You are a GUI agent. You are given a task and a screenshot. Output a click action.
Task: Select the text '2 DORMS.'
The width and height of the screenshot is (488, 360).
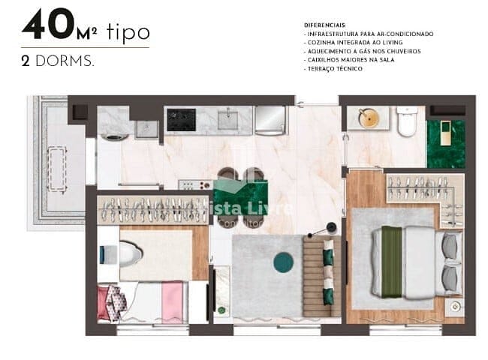tap(58, 61)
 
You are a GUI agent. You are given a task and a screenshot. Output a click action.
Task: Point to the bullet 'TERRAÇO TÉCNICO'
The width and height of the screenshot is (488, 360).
tap(335, 68)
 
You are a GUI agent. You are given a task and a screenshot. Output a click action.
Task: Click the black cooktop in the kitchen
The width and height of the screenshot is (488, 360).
tap(181, 119)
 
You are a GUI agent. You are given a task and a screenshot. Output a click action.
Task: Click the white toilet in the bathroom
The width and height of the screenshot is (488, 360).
tap(407, 122)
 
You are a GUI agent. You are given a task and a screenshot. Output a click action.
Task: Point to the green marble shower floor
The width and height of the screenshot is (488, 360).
tap(446, 143)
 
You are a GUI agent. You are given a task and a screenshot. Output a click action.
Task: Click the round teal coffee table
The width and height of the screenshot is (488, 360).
tap(283, 262)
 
